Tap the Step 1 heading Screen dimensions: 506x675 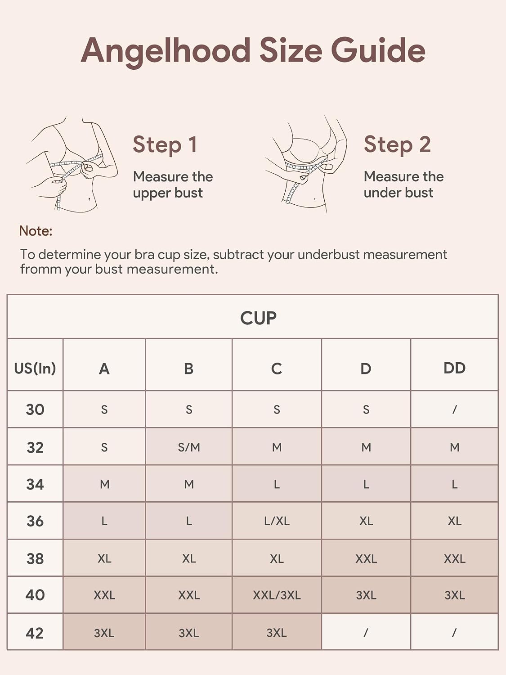(165, 144)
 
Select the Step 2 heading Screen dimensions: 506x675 (397, 144)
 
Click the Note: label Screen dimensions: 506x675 (36, 231)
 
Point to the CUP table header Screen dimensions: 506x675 (258, 318)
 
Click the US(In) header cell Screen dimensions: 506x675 (35, 368)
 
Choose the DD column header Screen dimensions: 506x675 (454, 368)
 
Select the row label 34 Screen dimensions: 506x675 (35, 484)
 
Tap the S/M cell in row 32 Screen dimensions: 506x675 (189, 447)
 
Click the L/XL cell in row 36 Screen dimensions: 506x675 (277, 521)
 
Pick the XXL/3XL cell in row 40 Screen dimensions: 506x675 (277, 595)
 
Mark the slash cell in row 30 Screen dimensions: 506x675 (455, 409)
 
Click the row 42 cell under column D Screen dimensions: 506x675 (366, 632)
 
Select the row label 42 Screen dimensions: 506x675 (35, 633)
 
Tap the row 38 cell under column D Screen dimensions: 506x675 (366, 558)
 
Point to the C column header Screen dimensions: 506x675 (277, 369)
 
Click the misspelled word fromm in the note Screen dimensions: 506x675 (39, 270)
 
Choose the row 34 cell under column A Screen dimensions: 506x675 (104, 484)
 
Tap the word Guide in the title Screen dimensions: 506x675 (378, 50)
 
